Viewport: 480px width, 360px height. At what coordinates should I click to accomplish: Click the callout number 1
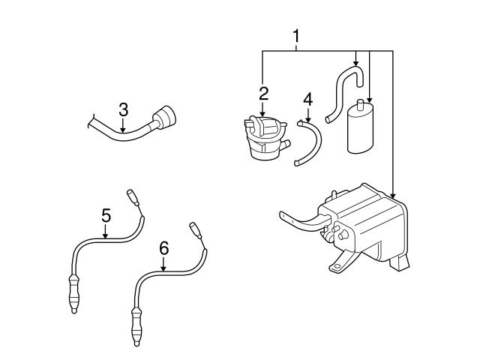(297, 35)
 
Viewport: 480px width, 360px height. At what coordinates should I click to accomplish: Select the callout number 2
(263, 94)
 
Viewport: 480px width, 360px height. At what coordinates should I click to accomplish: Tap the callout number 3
(123, 109)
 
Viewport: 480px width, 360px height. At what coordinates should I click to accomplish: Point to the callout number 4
(307, 99)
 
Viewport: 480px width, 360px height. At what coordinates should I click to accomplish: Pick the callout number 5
(106, 215)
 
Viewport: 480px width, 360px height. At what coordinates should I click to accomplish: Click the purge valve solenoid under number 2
(262, 139)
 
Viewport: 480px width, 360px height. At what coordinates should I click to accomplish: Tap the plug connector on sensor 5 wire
(133, 197)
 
